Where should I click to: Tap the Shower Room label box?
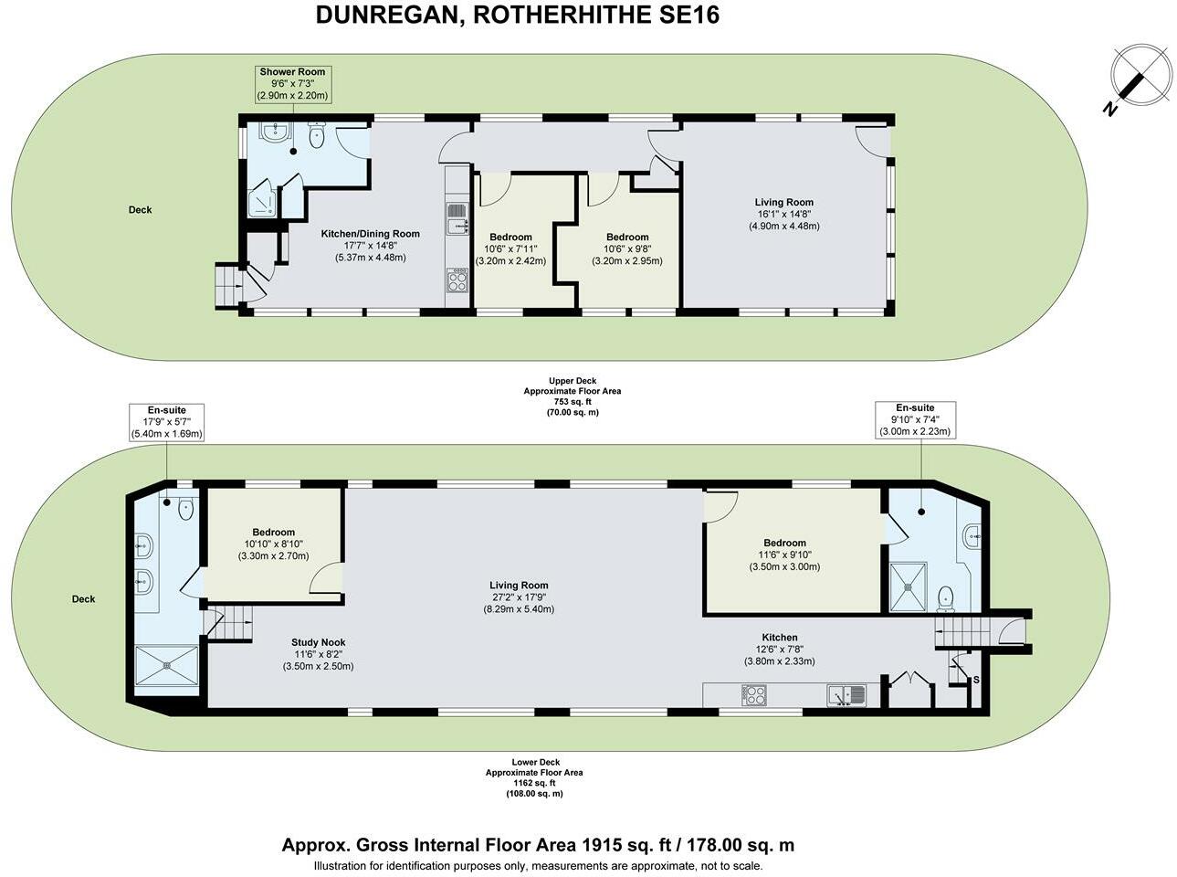point(291,83)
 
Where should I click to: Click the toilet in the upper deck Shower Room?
point(317,137)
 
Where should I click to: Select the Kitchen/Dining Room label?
point(370,245)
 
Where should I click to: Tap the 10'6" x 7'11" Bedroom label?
point(510,248)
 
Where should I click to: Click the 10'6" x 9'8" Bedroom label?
point(627,248)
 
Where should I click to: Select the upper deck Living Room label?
point(783,214)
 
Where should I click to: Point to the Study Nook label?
point(318,654)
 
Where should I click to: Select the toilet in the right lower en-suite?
point(945,597)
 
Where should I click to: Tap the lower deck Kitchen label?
point(779,649)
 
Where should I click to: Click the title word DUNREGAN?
point(385,15)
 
